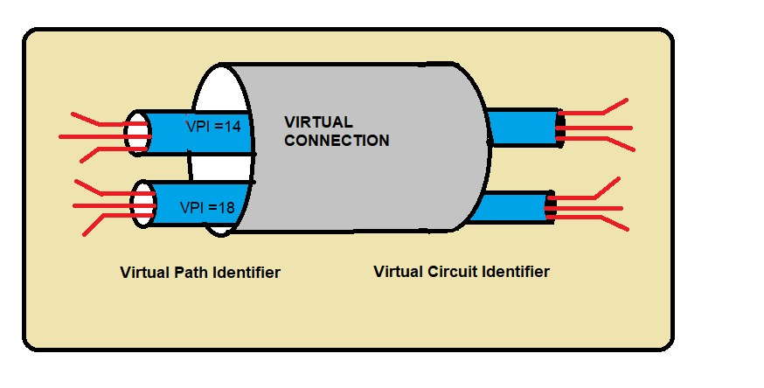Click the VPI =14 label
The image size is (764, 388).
pos(213,127)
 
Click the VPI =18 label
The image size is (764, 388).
pos(206,208)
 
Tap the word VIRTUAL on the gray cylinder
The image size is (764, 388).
pos(318,121)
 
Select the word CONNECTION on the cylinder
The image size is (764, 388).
pos(337,140)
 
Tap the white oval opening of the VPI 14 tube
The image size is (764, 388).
pos(137,134)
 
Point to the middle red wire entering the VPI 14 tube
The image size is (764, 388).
pos(92,135)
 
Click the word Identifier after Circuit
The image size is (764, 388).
pos(517,272)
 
